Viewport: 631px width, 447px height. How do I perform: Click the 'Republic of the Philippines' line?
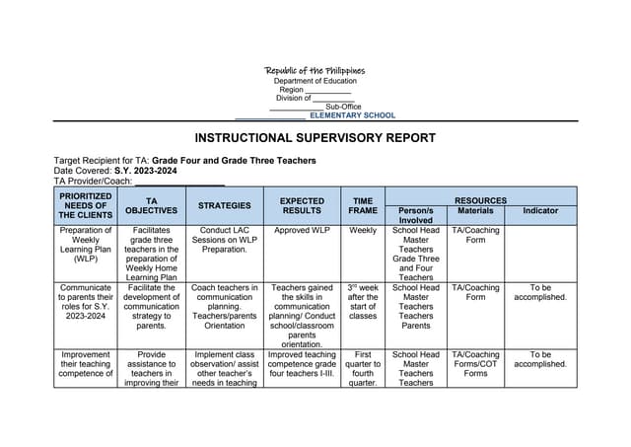pos(315,71)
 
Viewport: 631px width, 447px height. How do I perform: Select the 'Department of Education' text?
pos(315,81)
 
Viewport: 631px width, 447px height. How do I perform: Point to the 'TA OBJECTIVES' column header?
pos(151,205)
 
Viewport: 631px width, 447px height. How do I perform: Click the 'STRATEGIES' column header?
pos(224,206)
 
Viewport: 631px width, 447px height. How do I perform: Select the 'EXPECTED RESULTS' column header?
pos(302,205)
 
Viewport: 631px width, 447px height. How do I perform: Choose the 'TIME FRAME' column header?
pos(362,205)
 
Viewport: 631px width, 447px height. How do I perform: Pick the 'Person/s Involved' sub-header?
pos(416,215)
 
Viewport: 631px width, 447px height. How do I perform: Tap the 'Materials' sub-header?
pos(475,211)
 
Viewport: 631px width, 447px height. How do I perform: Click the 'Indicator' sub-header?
pos(540,211)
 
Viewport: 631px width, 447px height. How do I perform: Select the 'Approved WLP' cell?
pos(302,231)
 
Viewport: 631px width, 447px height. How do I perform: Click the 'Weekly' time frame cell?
pos(362,231)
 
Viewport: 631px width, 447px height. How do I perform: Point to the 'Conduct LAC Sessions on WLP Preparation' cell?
pos(224,241)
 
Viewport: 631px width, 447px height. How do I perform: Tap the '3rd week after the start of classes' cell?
pos(362,302)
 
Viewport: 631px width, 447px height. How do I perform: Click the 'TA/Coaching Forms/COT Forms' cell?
pos(475,364)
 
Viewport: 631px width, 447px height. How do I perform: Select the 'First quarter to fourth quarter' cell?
pos(362,369)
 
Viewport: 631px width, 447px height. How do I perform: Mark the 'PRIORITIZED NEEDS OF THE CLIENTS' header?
pos(85,205)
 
